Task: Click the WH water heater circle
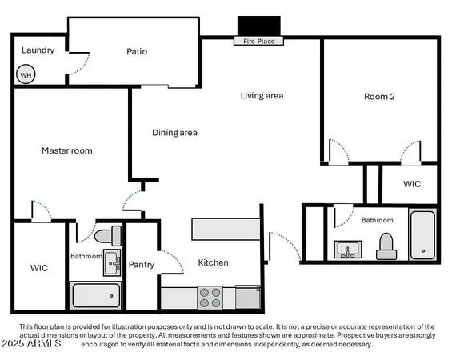(26, 75)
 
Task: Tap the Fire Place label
(258, 41)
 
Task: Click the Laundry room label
(38, 50)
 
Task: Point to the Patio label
(137, 52)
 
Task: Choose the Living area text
(262, 96)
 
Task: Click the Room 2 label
(379, 97)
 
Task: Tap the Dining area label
(174, 133)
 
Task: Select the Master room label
(66, 150)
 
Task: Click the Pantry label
(142, 265)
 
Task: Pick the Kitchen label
(213, 262)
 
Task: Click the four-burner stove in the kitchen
(210, 298)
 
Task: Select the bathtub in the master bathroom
(96, 296)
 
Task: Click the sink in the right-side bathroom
(348, 250)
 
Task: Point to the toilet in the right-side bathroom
(387, 246)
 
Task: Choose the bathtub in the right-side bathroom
(422, 234)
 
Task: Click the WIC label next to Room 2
(411, 184)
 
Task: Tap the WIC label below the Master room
(39, 268)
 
